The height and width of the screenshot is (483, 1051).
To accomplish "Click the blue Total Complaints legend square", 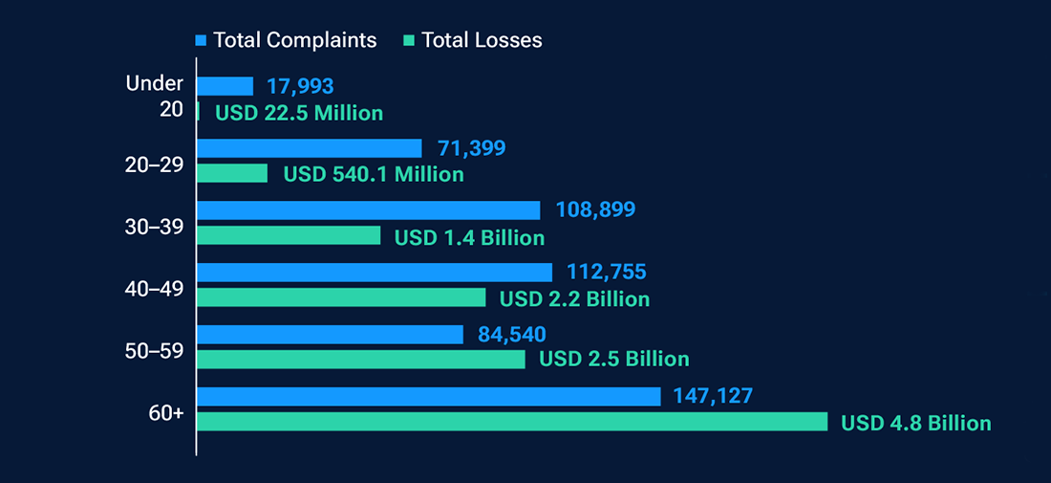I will click(x=201, y=40).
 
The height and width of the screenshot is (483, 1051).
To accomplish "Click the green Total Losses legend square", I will click(x=409, y=40).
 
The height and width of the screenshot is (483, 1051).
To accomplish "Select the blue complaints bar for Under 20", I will click(x=225, y=86).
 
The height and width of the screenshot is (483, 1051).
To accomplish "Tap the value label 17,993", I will click(x=300, y=86).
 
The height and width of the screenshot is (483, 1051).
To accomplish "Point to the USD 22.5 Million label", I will click(x=299, y=113).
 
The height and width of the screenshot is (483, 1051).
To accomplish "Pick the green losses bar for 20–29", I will click(x=232, y=173).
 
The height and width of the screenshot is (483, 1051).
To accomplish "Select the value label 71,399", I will click(x=471, y=148).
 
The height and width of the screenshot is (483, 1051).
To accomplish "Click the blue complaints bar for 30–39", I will click(x=368, y=210).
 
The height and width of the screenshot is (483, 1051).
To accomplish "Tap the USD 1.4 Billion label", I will click(x=469, y=237).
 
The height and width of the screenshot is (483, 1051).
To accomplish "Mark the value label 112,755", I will click(x=606, y=273).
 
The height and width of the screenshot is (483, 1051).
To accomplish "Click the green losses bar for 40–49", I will click(x=341, y=297).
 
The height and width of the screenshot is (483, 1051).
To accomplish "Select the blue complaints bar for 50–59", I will click(x=330, y=334).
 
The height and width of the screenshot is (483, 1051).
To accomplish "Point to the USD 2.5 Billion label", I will click(x=614, y=360).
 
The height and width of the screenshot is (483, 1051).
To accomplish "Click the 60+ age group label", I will click(x=167, y=413).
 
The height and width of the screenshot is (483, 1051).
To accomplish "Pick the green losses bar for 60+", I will click(x=512, y=422).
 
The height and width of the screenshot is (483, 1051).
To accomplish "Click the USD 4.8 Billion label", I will click(x=915, y=423).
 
